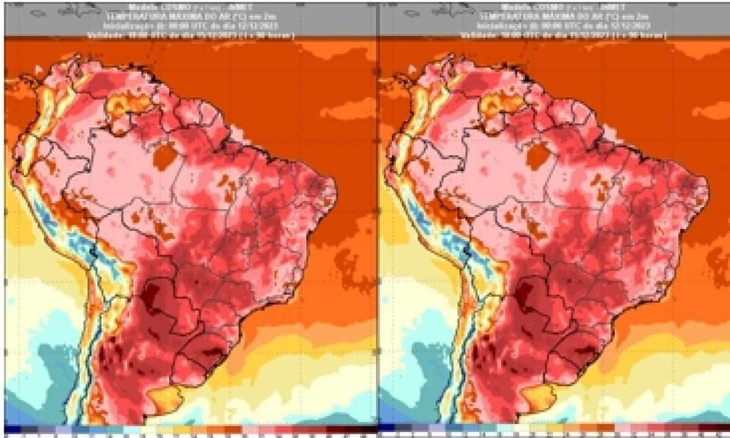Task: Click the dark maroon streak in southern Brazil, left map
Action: point(207,352)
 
